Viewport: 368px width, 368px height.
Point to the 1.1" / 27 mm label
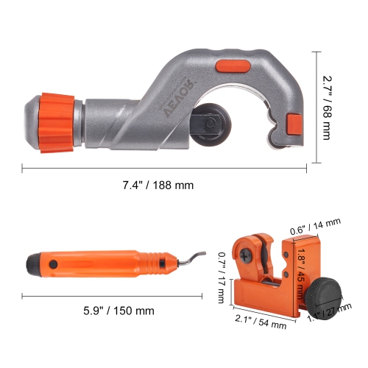(319, 312)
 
